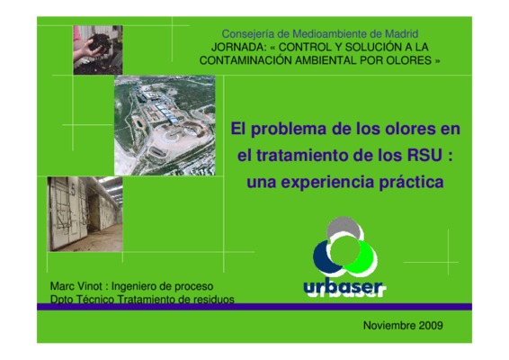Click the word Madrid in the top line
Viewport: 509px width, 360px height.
pos(402,34)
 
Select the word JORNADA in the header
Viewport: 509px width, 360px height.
pos(238,47)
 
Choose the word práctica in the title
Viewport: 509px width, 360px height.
pos(411,183)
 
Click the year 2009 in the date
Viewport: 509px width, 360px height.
pos(431,325)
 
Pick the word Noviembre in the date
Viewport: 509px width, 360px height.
pos(389,325)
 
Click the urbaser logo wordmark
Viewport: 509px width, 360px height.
pos(344,288)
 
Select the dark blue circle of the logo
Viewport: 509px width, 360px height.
pos(322,257)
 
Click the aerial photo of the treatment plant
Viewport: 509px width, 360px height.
pos(165,125)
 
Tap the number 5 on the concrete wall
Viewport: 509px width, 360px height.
pos(74,191)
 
